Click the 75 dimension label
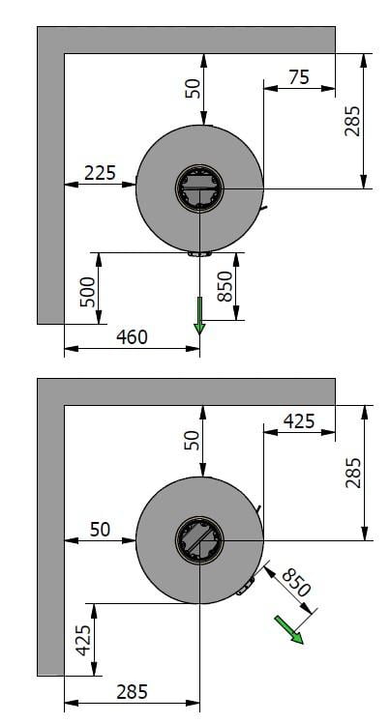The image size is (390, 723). pyautogui.click(x=299, y=77)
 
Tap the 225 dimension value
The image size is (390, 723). pyautogui.click(x=100, y=173)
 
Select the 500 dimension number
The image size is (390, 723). pyautogui.click(x=87, y=292)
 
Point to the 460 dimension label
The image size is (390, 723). pyautogui.click(x=132, y=337)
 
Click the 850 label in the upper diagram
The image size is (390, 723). pyautogui.click(x=225, y=286)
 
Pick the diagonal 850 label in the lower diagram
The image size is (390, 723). pyautogui.click(x=296, y=582)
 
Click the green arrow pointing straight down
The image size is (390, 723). pyautogui.click(x=199, y=315)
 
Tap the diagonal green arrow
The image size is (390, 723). pyautogui.click(x=289, y=630)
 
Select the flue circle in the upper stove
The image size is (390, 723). pyautogui.click(x=199, y=188)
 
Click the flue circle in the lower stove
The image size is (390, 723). pyautogui.click(x=199, y=540)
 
